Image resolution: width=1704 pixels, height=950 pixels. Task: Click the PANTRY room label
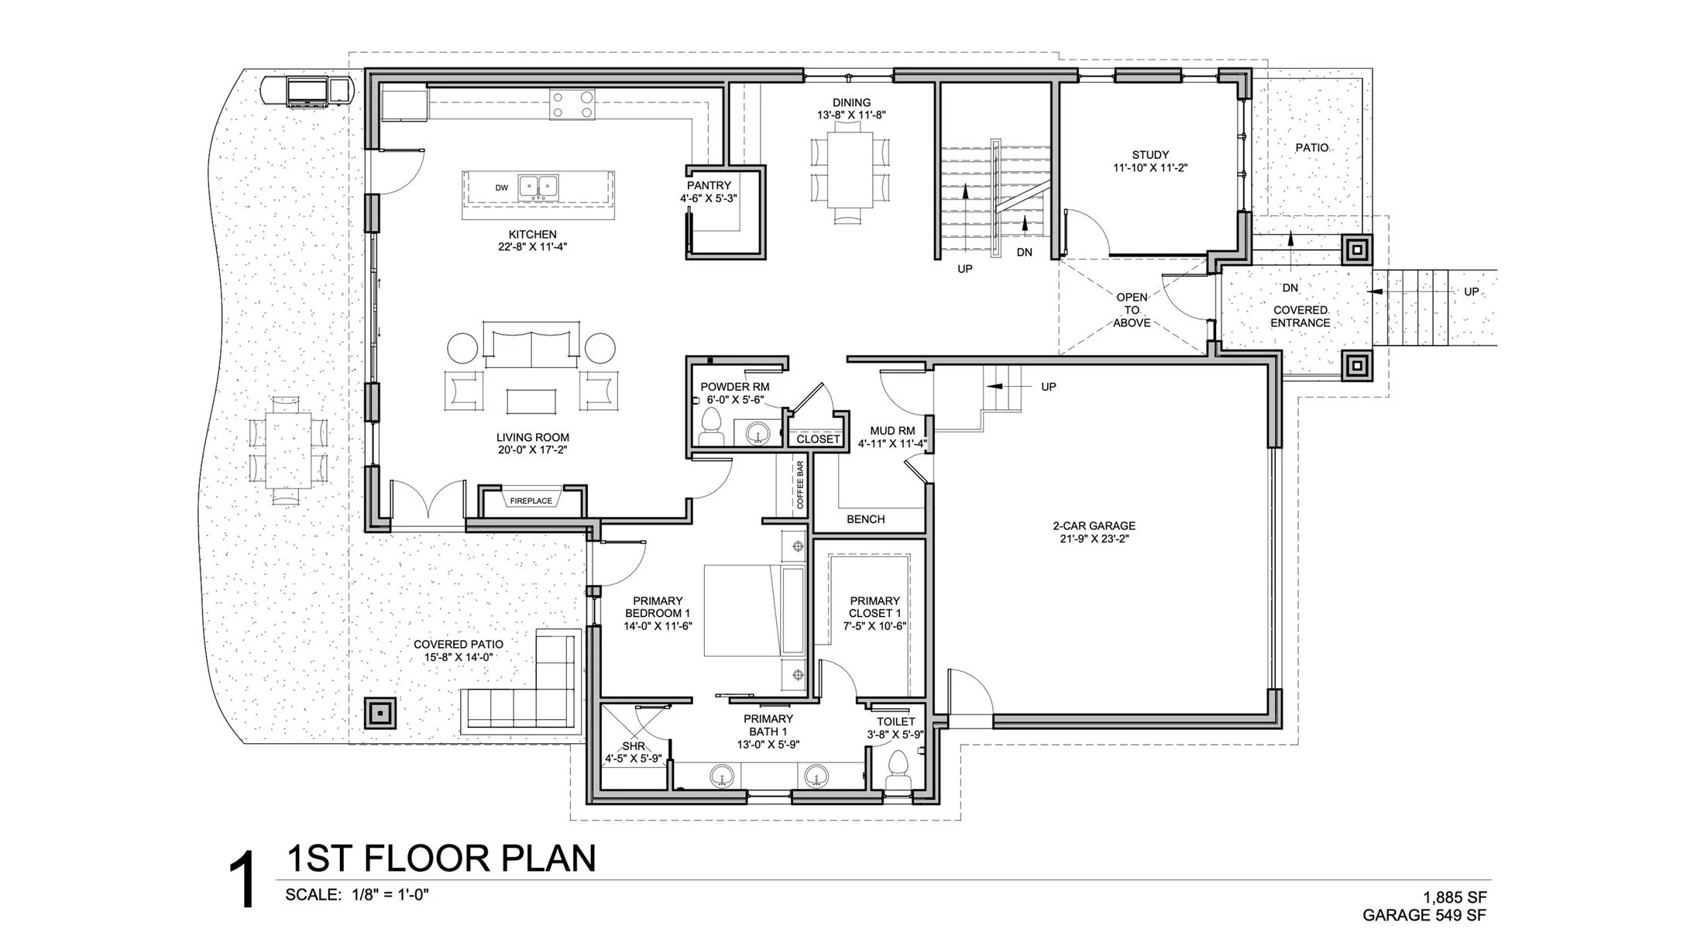pos(709,186)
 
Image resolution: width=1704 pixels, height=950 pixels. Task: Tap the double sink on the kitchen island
pos(538,186)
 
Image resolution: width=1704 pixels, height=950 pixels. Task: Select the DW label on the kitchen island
pos(501,188)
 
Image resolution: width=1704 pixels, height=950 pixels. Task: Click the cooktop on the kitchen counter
pos(572,105)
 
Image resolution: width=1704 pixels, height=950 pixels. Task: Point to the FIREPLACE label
pos(531,501)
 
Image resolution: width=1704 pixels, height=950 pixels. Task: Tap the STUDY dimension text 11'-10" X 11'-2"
pos(1150,167)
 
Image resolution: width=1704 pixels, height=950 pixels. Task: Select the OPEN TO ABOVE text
pos(1132,310)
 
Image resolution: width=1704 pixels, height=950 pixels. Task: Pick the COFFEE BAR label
pos(800,485)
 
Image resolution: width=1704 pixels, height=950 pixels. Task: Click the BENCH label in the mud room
pos(865,519)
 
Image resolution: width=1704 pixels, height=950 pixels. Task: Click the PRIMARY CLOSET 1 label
pos(874,607)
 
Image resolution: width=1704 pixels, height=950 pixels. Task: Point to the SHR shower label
pos(633,746)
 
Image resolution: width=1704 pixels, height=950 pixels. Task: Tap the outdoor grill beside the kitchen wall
pos(308,91)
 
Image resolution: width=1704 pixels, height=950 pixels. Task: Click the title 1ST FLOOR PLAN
pos(441,859)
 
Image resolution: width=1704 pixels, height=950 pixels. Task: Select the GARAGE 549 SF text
pos(1424,915)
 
